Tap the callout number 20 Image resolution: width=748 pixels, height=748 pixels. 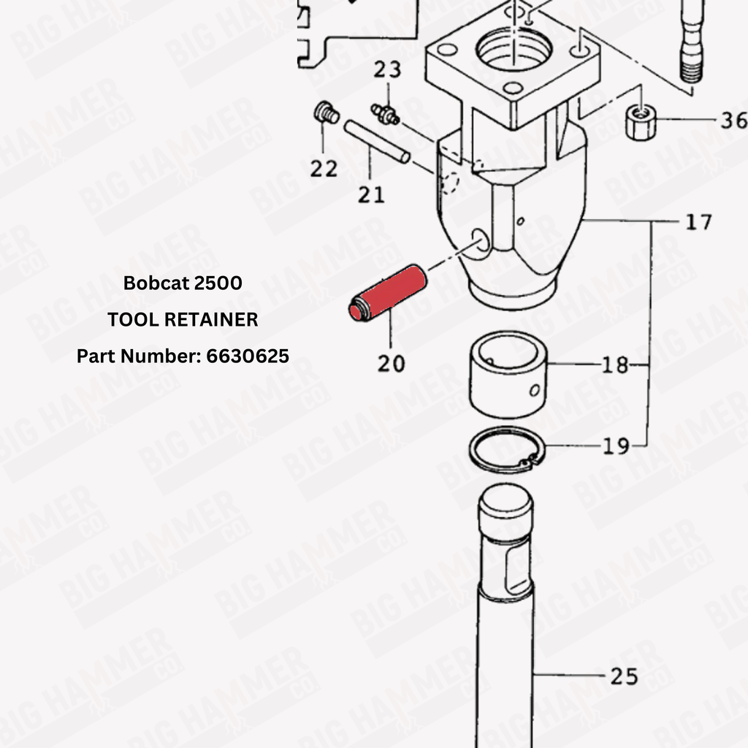(392, 364)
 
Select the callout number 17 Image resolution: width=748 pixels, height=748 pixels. (699, 222)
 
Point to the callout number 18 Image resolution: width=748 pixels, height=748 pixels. (615, 365)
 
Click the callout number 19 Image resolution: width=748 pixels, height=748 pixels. (616, 446)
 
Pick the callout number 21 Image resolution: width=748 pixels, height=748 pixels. (371, 194)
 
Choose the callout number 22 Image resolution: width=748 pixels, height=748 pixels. (324, 169)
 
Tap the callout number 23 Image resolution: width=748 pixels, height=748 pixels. (387, 69)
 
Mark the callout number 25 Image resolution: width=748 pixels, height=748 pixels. (625, 676)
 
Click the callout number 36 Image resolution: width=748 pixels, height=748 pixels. (733, 121)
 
